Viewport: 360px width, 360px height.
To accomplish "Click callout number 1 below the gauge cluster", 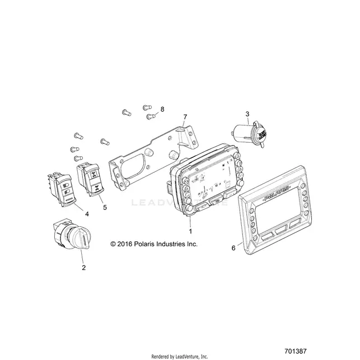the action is point(190,231).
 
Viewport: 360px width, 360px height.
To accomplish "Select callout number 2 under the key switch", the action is point(83,268).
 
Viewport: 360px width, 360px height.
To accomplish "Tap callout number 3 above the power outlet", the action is point(247,114).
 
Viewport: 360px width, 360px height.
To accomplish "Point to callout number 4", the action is point(87,214).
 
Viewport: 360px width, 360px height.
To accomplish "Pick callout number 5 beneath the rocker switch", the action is point(105,207).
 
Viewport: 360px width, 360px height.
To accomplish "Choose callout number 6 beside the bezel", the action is point(233,248).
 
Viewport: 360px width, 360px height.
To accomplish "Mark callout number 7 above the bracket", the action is point(185,117).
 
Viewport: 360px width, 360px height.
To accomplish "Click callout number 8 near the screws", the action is point(162,109).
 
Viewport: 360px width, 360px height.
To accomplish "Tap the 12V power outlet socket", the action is point(250,134).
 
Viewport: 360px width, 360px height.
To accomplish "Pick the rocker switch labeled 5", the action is point(90,179).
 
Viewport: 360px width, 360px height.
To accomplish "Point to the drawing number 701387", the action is point(296,351).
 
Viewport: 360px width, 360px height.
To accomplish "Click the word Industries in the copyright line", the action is point(170,244).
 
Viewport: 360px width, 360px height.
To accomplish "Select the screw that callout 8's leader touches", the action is point(151,116).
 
